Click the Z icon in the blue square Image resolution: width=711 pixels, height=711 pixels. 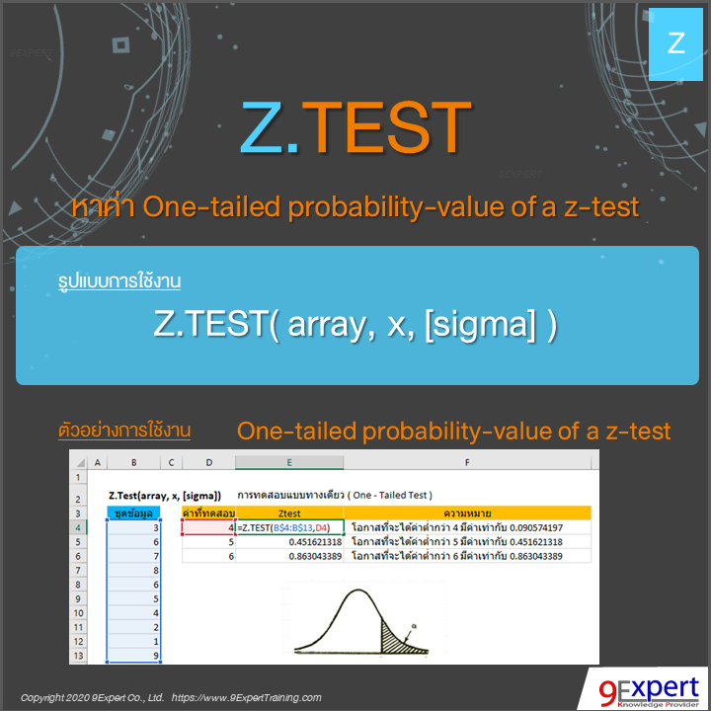pos(676,42)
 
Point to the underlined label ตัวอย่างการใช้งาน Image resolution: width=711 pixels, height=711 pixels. pos(124,432)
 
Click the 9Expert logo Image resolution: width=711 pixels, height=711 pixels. pos(642,688)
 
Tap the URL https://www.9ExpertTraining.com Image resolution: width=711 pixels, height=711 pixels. pos(246,697)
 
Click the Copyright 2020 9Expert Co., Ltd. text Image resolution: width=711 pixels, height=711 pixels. pos(92,697)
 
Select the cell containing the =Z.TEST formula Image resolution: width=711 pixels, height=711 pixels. pos(289,527)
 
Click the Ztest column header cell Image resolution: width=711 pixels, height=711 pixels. pos(289,513)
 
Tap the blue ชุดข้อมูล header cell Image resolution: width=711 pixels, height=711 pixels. pos(133,513)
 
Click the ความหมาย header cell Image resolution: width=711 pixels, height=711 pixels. pos(468,513)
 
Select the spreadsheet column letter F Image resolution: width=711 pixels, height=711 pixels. pos(468,462)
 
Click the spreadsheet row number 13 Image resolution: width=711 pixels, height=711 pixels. pos(78,656)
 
